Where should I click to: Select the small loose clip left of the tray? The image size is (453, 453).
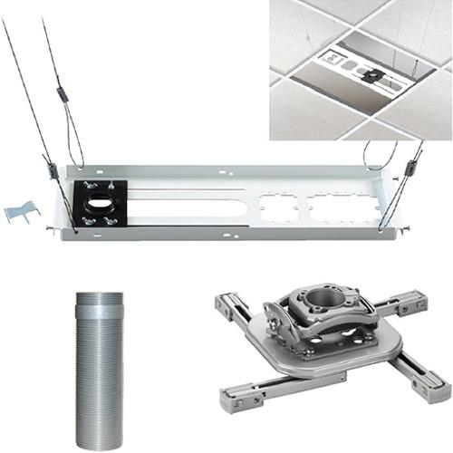pos(21,212)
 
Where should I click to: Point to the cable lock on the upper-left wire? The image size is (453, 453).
pos(62,93)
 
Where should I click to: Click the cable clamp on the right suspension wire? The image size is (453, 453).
pos(410,168)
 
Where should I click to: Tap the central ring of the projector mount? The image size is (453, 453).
pos(321,298)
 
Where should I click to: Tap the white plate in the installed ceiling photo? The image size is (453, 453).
pos(362,72)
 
